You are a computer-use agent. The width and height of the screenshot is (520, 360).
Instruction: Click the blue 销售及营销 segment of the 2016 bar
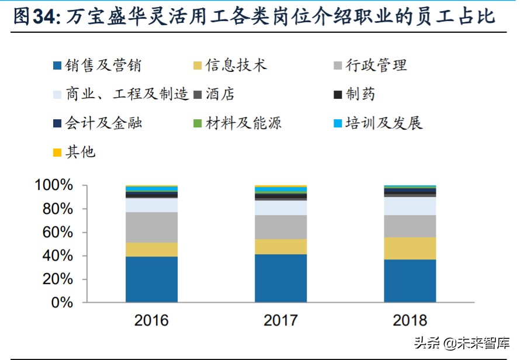click(151, 279)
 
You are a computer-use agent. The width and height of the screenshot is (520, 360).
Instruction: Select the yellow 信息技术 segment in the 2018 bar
click(410, 248)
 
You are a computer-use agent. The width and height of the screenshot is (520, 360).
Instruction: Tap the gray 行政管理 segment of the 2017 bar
click(280, 227)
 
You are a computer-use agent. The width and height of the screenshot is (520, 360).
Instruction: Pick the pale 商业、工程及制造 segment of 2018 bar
click(410, 206)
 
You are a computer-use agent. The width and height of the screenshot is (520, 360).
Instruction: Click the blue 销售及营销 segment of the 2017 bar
click(280, 278)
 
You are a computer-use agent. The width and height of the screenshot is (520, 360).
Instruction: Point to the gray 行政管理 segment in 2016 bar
click(151, 227)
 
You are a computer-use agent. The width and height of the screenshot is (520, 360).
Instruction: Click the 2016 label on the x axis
click(151, 321)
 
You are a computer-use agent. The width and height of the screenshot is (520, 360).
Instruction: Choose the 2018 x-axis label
click(410, 321)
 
